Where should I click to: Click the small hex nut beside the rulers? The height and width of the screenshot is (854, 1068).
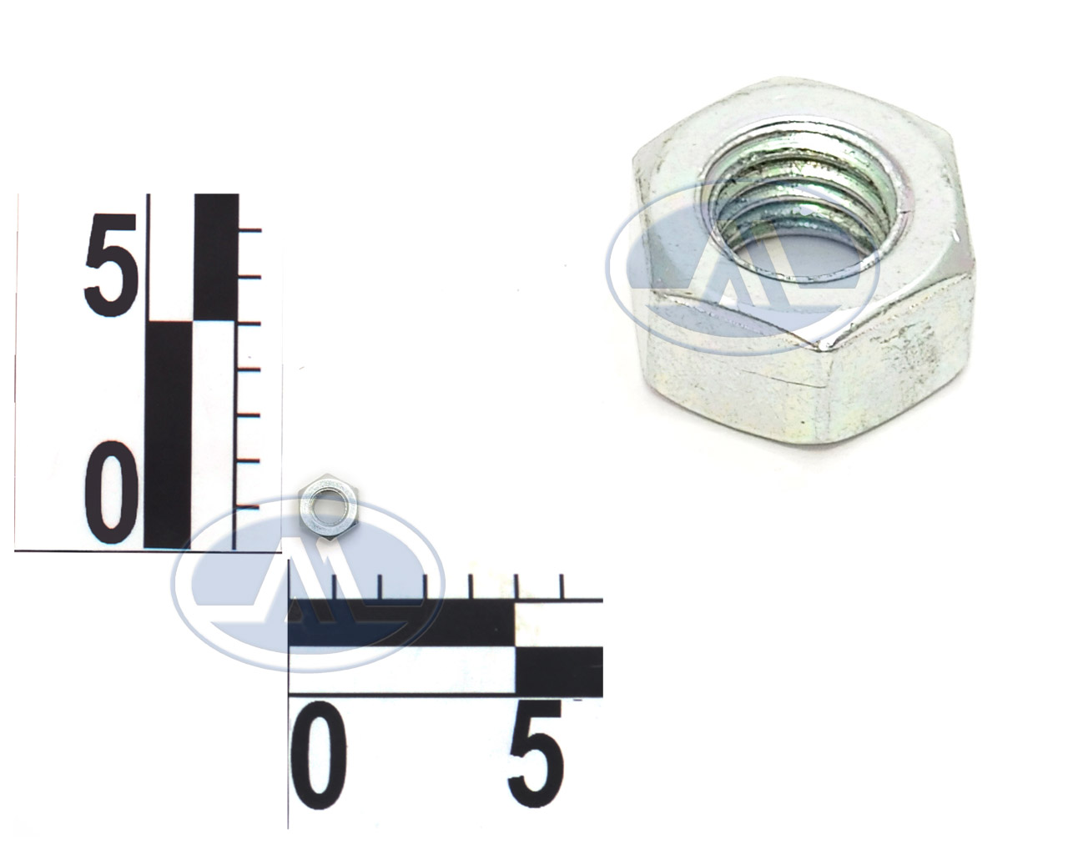(329, 507)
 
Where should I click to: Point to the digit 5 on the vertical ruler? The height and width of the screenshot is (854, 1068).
(110, 264)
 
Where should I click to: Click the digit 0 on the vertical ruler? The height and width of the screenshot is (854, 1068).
(111, 491)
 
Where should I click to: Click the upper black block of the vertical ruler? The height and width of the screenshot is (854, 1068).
(216, 257)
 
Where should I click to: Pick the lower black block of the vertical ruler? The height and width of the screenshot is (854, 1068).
(167, 435)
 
